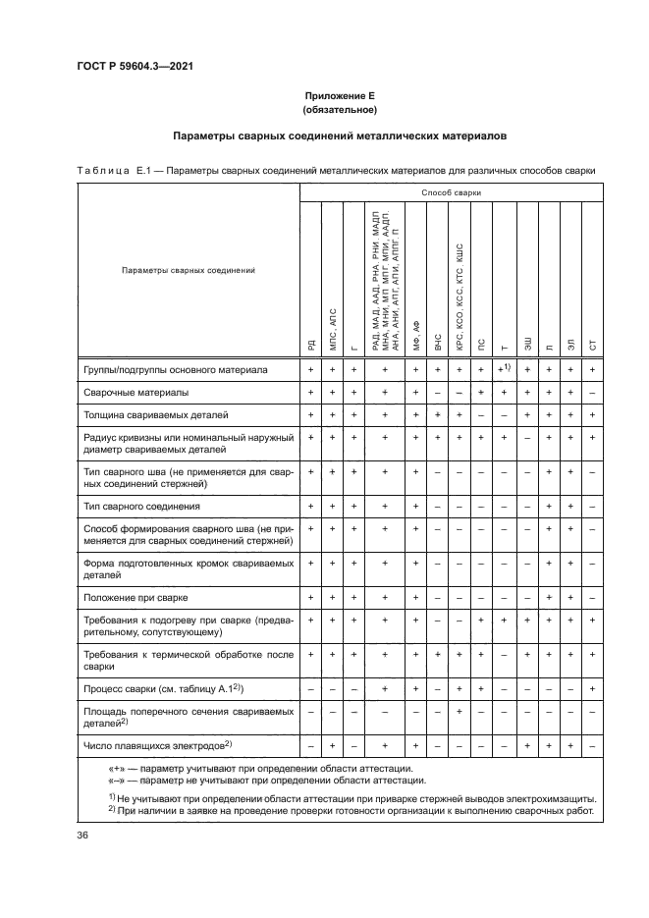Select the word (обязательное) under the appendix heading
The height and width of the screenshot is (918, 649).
tap(339, 110)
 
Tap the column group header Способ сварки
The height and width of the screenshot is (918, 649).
tap(451, 193)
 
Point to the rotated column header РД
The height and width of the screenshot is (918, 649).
tap(311, 344)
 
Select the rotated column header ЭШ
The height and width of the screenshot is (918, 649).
tap(528, 343)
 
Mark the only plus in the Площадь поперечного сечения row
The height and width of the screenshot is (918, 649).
tap(460, 713)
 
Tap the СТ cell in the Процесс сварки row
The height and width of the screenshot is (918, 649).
tap(593, 689)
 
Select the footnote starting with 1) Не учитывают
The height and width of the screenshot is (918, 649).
tap(344, 798)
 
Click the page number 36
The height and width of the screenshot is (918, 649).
tap(82, 835)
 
